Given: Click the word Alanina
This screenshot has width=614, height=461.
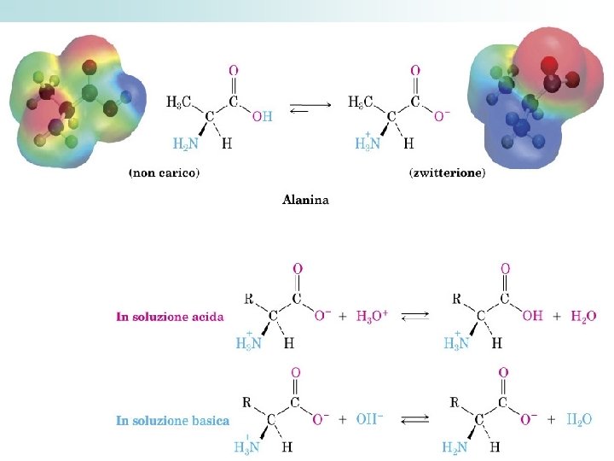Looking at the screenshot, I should coord(305,201).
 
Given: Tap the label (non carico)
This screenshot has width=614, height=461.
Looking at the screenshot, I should coord(164,173).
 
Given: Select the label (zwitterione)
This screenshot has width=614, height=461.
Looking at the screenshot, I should coord(448,173).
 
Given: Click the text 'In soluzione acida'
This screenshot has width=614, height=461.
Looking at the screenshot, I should coord(170,317).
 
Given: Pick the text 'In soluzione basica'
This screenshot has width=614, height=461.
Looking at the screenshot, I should coord(172,420).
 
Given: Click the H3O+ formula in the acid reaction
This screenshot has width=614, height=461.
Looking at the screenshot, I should coord(372,317).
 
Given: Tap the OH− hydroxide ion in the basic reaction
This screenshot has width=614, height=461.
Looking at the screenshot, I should coord(370,419).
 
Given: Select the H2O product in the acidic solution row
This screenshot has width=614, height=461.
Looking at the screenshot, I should coord(583,317).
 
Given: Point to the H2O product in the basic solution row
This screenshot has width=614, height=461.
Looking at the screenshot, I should coord(581,419).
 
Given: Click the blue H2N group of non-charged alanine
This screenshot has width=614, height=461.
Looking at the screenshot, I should coord(187,143).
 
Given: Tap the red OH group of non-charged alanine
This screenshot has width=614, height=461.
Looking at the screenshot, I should coord(262,117).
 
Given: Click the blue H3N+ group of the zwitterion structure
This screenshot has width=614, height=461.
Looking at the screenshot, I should coord(368,143).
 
